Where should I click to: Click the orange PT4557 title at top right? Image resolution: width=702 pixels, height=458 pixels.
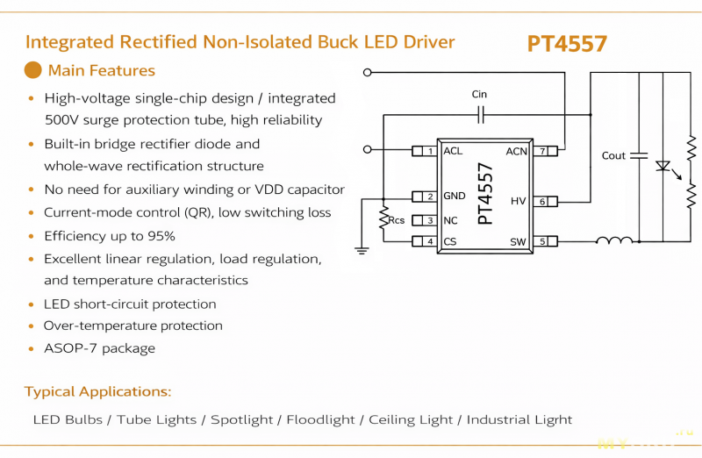click(567, 44)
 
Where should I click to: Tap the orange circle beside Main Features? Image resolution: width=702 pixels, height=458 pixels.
click(32, 70)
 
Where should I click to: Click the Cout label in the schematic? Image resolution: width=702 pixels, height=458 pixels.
click(613, 155)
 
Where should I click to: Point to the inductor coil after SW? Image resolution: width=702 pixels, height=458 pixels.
click(614, 240)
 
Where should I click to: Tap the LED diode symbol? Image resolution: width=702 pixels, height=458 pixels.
click(664, 166)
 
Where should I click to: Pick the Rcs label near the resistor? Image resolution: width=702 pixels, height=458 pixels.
click(397, 220)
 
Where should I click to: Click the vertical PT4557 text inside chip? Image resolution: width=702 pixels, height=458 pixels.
click(485, 195)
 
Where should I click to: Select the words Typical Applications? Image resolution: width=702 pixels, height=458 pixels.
click(97, 391)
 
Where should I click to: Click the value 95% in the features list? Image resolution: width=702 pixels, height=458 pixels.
click(161, 236)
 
